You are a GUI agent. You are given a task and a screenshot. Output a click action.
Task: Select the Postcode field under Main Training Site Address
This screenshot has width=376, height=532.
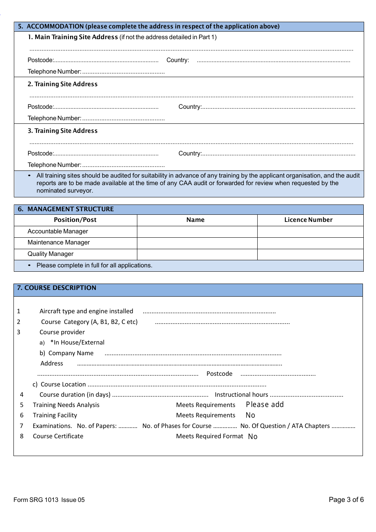(x=106, y=61)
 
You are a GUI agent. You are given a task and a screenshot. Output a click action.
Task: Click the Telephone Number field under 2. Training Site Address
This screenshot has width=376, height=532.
(x=123, y=118)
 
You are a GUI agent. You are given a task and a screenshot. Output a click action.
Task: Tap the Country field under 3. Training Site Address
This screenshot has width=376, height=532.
(x=278, y=153)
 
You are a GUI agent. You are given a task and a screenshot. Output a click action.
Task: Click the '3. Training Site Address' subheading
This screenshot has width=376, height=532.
(x=63, y=131)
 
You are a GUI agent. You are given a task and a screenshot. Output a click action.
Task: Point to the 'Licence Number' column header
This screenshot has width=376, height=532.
(x=308, y=220)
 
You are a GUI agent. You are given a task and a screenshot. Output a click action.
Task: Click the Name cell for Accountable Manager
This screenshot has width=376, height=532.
(x=197, y=231)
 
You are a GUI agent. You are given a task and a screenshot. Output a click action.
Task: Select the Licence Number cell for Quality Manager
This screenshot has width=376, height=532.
(x=310, y=254)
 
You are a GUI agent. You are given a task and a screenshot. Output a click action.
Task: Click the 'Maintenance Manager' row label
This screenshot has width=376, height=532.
(x=59, y=242)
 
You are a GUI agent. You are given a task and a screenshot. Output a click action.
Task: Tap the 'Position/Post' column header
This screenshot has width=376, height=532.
(x=75, y=220)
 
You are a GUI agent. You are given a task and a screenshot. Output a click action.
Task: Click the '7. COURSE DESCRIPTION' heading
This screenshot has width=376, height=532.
(x=57, y=288)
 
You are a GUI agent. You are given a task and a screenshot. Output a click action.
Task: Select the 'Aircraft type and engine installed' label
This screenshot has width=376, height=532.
(x=86, y=311)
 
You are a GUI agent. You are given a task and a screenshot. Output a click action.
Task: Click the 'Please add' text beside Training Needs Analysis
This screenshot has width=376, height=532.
(x=265, y=405)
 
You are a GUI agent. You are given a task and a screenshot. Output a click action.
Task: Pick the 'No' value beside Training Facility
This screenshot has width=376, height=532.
(x=250, y=415)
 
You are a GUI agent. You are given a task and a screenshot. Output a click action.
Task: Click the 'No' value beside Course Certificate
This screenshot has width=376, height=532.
(x=253, y=436)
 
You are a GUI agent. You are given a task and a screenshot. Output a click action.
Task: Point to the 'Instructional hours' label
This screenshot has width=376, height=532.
(x=241, y=395)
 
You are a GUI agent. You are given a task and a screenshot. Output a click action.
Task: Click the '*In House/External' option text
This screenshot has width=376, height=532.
(x=77, y=343)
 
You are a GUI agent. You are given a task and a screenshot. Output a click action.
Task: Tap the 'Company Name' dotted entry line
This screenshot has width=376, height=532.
(x=193, y=354)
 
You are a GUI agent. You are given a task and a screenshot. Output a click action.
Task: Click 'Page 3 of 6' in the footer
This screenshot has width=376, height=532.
(x=346, y=500)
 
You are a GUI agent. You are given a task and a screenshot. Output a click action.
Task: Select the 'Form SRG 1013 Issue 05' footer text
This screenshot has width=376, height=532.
(x=49, y=500)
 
